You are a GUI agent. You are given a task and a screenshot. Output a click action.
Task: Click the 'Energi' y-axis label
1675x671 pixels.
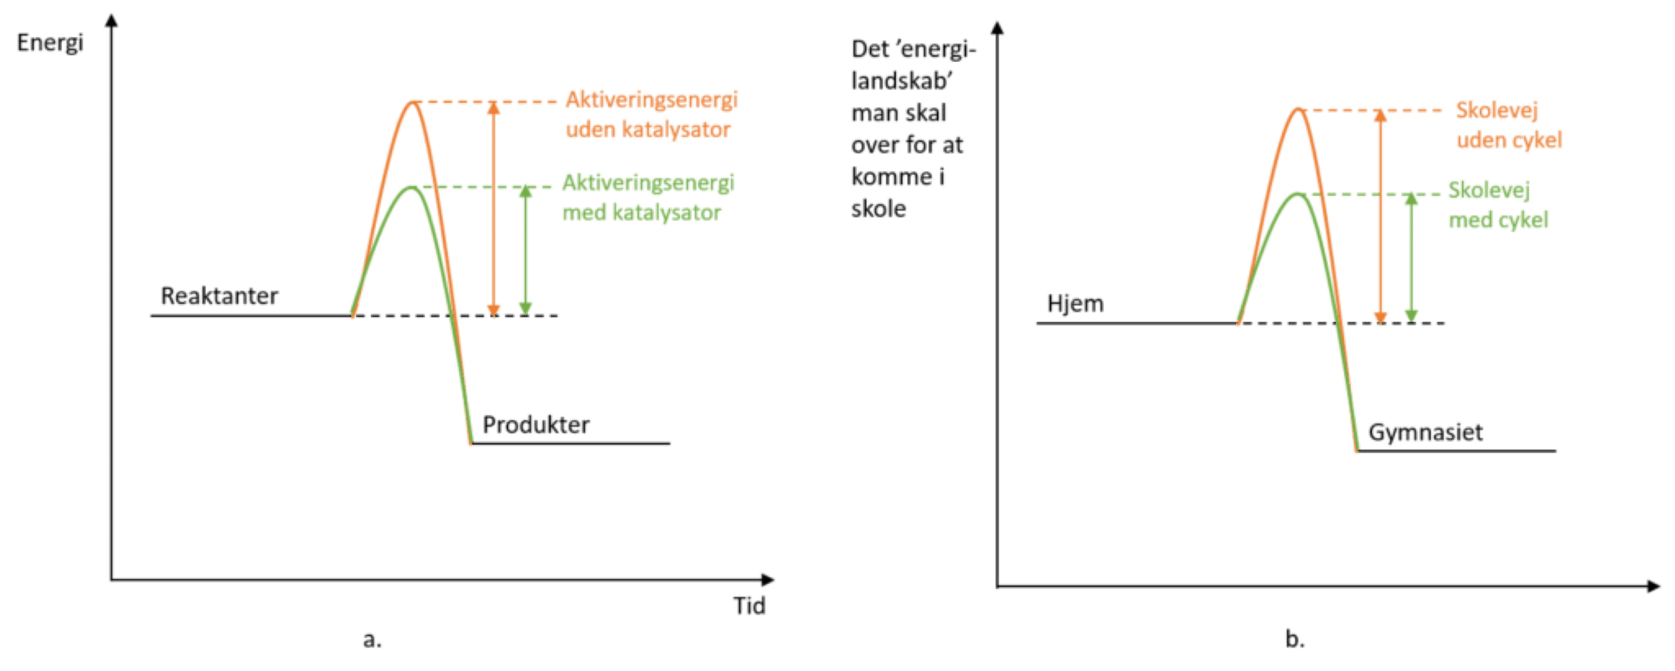tap(50, 43)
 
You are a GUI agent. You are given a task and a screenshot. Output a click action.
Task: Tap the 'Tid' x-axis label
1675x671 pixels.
tap(750, 606)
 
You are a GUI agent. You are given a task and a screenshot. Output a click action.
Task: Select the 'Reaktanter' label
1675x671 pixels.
tap(219, 296)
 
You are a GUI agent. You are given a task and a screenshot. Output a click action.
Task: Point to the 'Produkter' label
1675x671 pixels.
tap(536, 425)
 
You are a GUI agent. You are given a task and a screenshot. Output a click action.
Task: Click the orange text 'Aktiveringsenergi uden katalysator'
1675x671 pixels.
tap(651, 115)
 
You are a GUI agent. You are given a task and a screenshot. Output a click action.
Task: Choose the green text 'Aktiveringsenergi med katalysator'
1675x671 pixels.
tap(647, 198)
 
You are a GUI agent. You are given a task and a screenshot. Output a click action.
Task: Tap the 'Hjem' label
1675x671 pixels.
tap(1075, 303)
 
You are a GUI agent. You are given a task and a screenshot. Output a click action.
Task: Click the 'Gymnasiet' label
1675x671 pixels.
tap(1425, 433)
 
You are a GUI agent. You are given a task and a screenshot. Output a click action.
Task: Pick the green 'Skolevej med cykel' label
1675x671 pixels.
tap(1497, 205)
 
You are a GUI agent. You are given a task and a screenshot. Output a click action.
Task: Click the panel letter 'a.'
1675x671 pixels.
tap(372, 640)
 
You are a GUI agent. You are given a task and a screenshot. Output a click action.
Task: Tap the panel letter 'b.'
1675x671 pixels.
tap(1294, 640)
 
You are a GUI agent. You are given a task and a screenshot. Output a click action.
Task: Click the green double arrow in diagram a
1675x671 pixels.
tap(525, 250)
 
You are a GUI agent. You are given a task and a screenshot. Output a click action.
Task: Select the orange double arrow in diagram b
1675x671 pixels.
tap(1380, 216)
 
